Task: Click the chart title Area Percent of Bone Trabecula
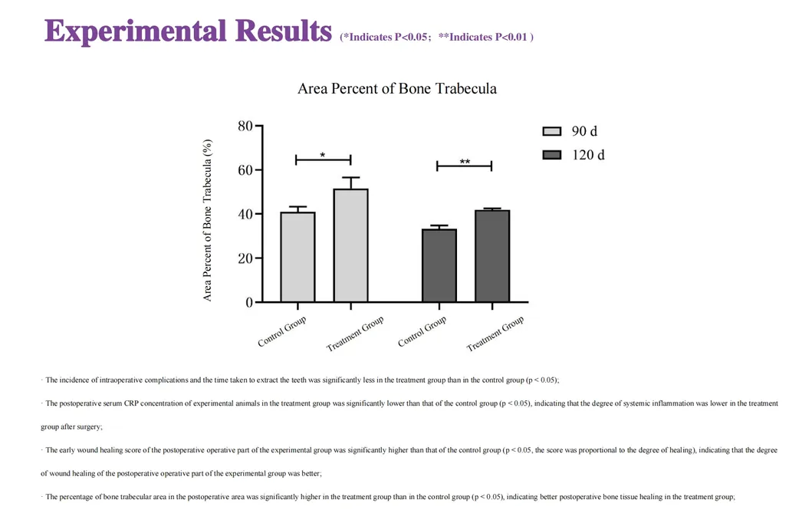[x=396, y=89]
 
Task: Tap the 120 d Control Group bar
[x=439, y=265]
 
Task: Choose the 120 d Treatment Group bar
[x=491, y=256]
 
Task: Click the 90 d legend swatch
[x=552, y=132]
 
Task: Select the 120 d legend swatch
[x=552, y=155]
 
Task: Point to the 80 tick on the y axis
[x=245, y=126]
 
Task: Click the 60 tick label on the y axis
[x=245, y=170]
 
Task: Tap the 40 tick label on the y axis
[x=245, y=214]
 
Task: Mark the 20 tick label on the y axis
[x=245, y=258]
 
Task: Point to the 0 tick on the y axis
[x=249, y=302]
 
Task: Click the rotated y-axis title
[x=208, y=220]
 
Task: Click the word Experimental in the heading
[x=134, y=31]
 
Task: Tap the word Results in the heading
[x=283, y=31]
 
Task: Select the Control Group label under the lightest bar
[x=282, y=331]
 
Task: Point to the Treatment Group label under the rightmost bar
[x=496, y=334]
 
